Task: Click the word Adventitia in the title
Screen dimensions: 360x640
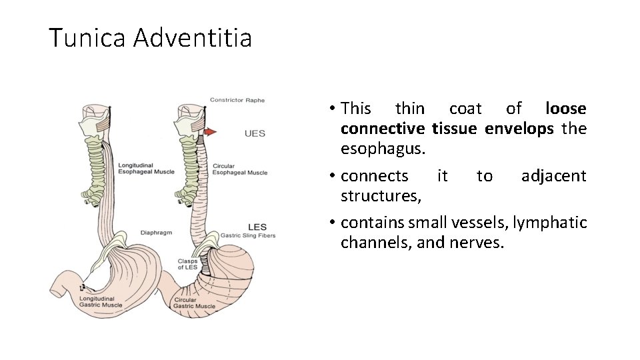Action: coord(193,38)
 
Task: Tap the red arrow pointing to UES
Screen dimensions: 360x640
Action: coord(210,132)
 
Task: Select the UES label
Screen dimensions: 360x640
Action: coord(255,133)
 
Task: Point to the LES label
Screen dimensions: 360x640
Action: coord(257,227)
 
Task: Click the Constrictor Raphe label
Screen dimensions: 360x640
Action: coord(237,101)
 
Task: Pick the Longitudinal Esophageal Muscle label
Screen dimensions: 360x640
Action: coord(146,168)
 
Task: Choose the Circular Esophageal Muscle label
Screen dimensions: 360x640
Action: coord(240,169)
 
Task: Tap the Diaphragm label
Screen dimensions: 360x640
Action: coord(155,233)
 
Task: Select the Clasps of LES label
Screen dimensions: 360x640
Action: coord(191,264)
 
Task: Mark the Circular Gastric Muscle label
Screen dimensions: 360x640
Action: coord(195,303)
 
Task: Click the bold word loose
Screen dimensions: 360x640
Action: coord(565,108)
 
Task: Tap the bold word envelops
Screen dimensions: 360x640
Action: coord(519,128)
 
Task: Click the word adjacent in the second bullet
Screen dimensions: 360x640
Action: coord(553,176)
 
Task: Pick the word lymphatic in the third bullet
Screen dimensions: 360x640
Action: coord(549,222)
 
